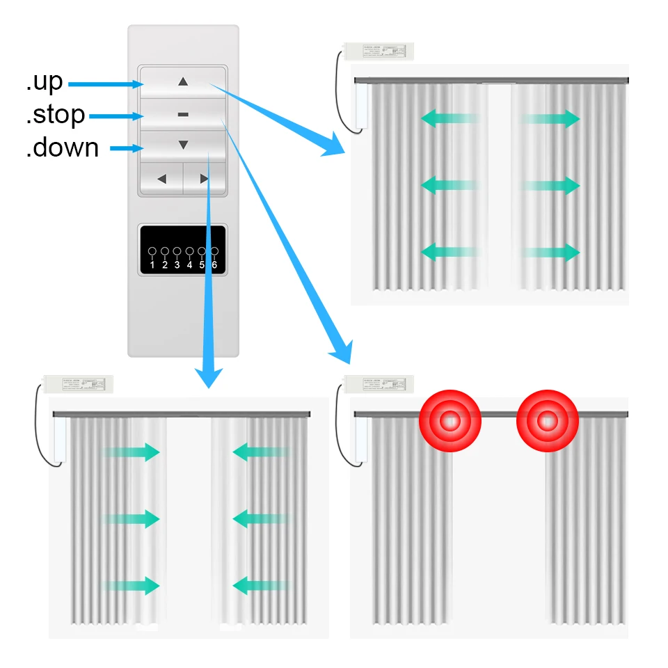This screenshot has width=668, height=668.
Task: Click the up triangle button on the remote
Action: [183, 81]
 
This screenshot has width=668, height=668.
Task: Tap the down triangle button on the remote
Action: [183, 145]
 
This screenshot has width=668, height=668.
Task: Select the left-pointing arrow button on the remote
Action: [161, 179]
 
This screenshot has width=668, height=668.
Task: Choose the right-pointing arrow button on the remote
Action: [205, 179]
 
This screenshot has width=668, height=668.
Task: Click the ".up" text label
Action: [45, 81]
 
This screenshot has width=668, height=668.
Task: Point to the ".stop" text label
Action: [56, 115]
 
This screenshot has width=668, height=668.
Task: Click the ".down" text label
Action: [62, 148]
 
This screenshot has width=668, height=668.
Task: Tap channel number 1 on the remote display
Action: [152, 264]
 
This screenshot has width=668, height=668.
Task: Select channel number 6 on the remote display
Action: [214, 264]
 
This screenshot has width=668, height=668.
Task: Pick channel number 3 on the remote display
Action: [177, 264]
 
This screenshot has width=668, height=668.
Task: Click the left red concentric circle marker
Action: [450, 420]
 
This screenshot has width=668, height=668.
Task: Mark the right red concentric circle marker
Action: [547, 420]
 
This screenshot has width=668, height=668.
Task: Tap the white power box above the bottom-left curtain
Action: [77, 383]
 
